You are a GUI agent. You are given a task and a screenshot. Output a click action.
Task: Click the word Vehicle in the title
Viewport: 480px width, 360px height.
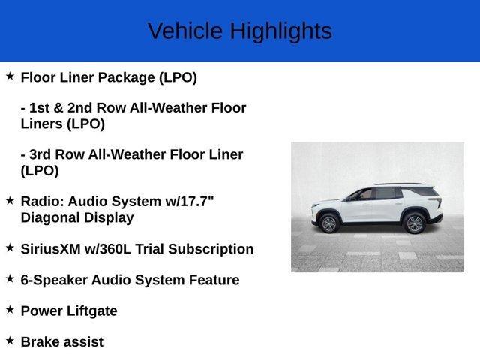tap(185, 31)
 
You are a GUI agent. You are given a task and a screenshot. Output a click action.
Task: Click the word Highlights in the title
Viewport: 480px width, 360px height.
tap(280, 31)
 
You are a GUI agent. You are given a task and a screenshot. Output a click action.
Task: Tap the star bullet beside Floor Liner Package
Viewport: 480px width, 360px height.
tap(10, 76)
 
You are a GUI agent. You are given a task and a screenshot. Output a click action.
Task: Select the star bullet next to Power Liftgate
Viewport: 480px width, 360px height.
tap(10, 309)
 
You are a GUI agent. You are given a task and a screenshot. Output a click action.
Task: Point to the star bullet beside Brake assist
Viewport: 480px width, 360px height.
tap(10, 340)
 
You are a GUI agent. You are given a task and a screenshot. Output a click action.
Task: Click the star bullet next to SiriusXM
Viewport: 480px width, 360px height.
tap(10, 247)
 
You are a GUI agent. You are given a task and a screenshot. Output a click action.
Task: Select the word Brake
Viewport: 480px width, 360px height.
tap(40, 342)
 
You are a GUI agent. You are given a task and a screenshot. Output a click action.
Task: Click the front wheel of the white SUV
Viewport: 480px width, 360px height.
tap(329, 223)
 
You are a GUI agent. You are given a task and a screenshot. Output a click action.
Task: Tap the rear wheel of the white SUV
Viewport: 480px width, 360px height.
tap(414, 223)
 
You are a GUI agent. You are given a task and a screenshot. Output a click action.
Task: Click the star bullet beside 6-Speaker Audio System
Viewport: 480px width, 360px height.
tap(10, 278)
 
